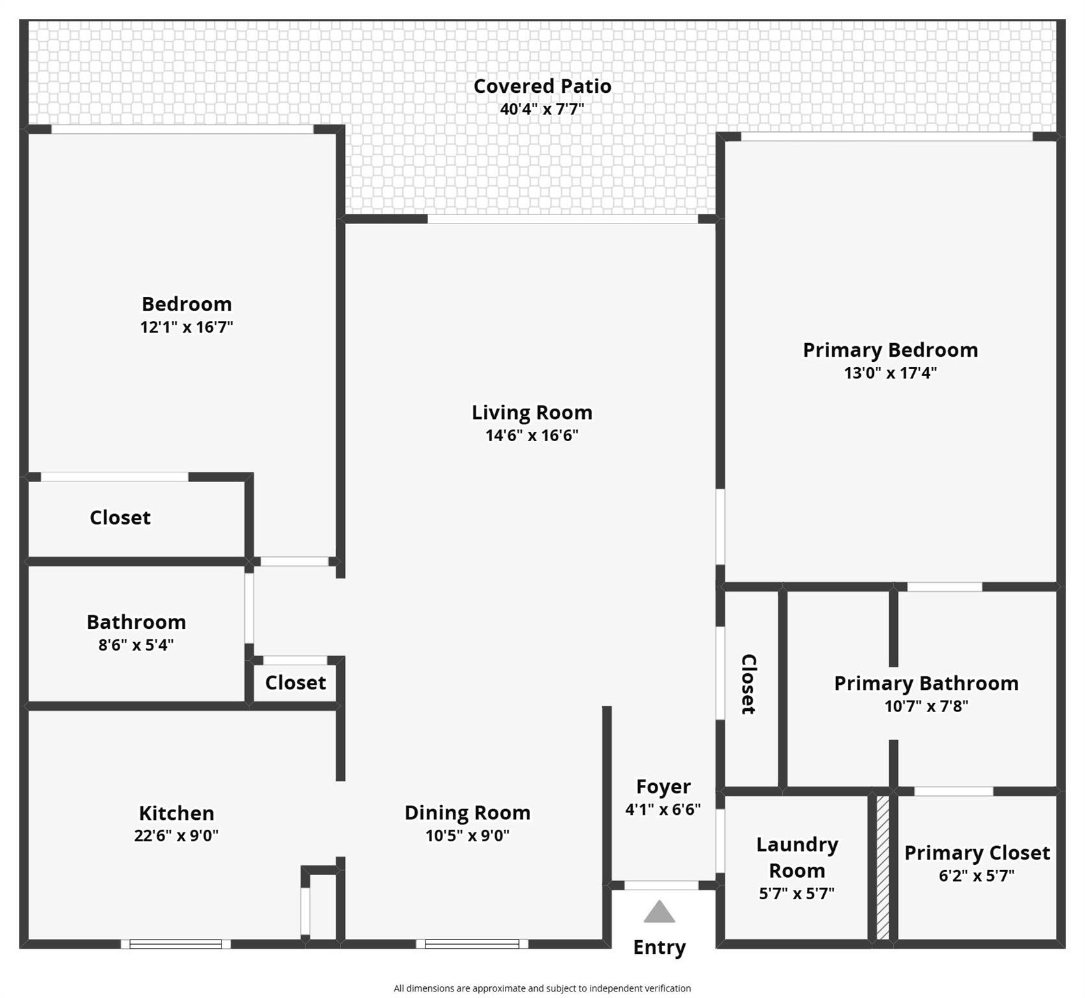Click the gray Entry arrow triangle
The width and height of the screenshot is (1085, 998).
point(659,912)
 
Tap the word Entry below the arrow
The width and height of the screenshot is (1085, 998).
point(659,948)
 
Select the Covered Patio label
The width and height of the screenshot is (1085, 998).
point(542,86)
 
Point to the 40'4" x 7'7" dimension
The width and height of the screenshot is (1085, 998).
point(542,109)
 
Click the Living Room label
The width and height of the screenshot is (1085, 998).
point(532,413)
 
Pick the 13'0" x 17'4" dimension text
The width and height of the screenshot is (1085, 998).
point(891,373)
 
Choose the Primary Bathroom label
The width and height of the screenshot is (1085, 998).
point(926,684)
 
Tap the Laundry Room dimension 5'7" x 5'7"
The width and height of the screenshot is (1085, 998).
point(797,893)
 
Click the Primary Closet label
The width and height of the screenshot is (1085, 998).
point(977,853)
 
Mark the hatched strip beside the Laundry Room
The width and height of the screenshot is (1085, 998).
point(883,867)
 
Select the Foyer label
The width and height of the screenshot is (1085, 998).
point(663,787)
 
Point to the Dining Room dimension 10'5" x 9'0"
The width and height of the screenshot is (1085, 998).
point(468,836)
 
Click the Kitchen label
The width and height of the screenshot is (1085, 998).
point(177,813)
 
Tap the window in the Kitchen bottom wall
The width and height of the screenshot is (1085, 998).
point(175,944)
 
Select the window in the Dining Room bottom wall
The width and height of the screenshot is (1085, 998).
point(472,944)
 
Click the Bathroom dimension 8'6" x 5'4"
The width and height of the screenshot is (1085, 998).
point(136,645)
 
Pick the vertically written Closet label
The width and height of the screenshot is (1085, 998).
point(748,684)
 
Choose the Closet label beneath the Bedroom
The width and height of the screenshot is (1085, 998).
point(120,518)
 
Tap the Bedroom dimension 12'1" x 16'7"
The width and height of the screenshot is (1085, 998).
point(187,327)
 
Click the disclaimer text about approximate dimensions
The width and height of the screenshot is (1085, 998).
point(542,988)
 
